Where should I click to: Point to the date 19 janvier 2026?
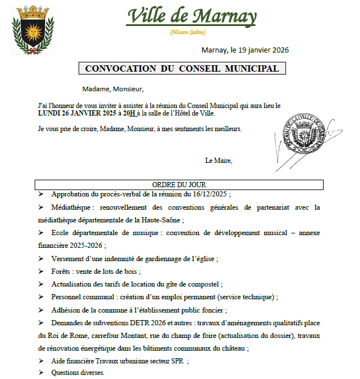click(262, 50)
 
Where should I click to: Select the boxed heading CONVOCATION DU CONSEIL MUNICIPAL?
click(182, 69)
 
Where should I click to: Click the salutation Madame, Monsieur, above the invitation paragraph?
click(113, 89)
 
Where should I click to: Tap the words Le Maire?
click(218, 161)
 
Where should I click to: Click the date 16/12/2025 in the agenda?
click(207, 194)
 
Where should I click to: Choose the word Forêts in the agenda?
click(62, 271)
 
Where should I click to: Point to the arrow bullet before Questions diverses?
click(41, 373)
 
